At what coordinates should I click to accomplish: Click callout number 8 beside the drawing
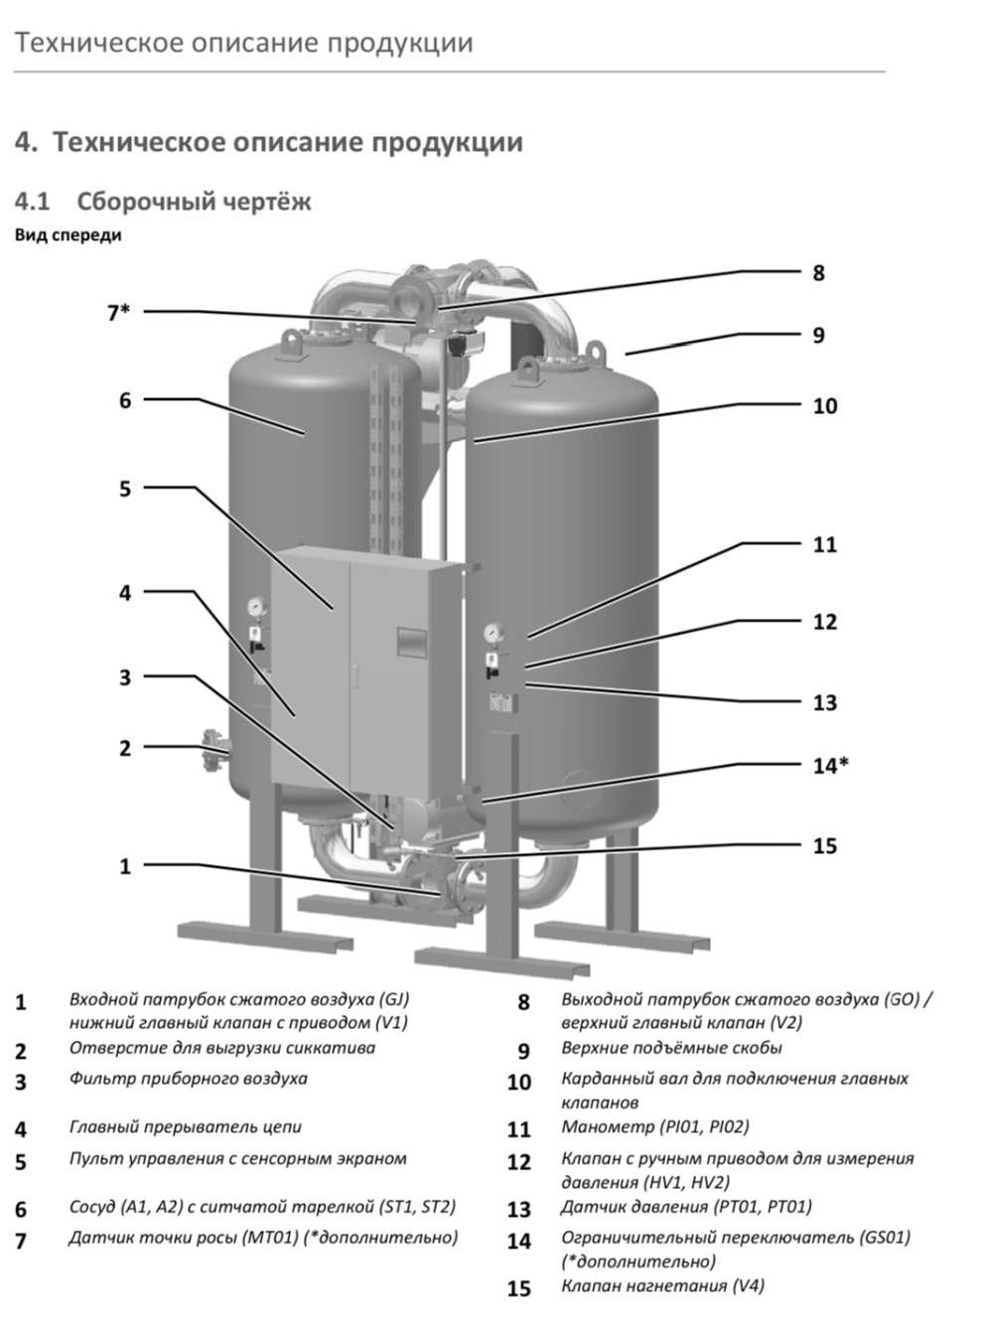(818, 272)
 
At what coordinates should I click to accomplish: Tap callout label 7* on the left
(118, 312)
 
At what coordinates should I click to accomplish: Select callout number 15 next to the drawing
(824, 846)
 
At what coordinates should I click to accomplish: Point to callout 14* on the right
(830, 765)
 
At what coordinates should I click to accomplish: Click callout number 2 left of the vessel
(125, 748)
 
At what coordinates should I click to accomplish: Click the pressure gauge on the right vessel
(492, 634)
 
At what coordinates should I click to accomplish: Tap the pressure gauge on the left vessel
(256, 605)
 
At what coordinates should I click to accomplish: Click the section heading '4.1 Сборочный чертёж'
(163, 202)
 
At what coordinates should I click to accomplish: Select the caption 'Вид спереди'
(69, 235)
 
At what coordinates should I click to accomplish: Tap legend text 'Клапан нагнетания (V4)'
(662, 1285)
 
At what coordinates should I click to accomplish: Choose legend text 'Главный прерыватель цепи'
(185, 1126)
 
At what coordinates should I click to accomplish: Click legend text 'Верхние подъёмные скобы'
(671, 1048)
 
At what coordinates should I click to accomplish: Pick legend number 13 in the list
(519, 1209)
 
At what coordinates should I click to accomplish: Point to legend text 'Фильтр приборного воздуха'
(188, 1078)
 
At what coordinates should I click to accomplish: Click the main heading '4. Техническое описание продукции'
(268, 142)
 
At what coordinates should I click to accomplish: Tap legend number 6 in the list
(21, 1209)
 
